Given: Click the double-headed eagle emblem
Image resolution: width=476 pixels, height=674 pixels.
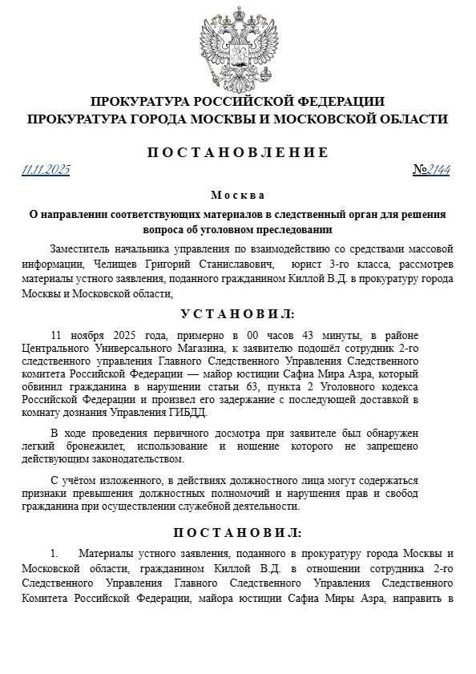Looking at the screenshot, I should (x=237, y=49).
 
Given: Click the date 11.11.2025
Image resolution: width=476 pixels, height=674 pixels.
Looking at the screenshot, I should (x=46, y=169).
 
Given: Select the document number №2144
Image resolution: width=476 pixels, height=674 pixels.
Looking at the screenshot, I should (x=431, y=169).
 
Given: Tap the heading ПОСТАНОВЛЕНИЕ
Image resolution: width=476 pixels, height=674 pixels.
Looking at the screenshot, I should (x=238, y=152).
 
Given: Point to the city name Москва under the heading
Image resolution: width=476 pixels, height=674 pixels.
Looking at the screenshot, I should (x=237, y=195).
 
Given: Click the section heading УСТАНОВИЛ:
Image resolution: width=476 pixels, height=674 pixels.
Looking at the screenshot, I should (x=237, y=313).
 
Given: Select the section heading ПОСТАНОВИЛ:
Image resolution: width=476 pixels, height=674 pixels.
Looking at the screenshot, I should (x=237, y=532).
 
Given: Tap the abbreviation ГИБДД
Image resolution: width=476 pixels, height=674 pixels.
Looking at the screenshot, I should (x=187, y=413).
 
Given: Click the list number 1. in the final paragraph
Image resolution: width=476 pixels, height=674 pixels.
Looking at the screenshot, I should (x=54, y=554).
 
